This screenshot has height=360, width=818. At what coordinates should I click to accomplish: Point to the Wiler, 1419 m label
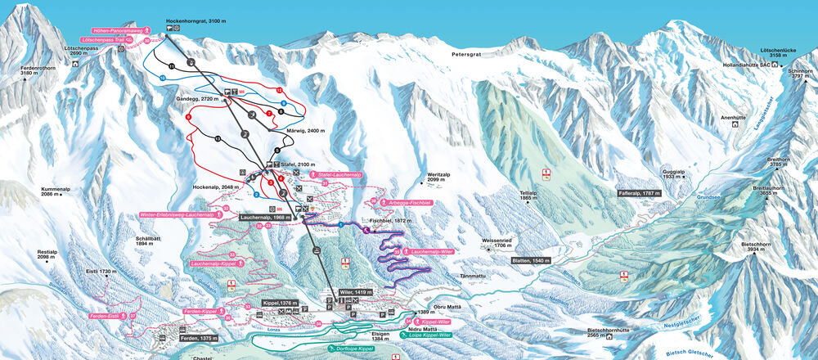click(356, 291)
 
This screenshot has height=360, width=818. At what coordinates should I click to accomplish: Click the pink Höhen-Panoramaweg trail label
click(116, 30)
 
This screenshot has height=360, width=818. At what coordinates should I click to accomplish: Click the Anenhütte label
click(737, 117)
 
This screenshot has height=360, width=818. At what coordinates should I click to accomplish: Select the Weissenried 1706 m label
click(497, 243)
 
